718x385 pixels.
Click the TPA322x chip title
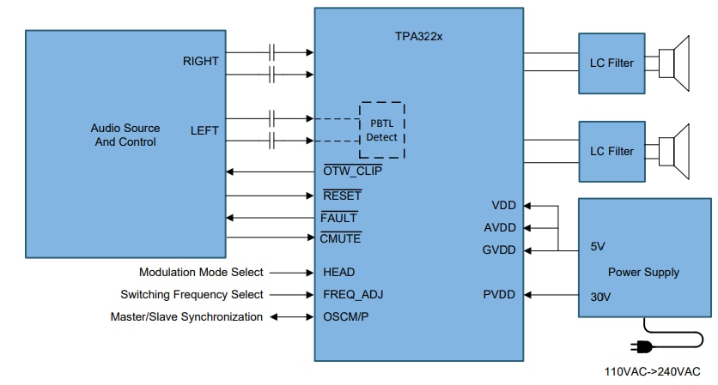pos(418,39)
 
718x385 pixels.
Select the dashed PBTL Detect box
pos(381,129)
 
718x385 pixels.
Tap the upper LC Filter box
pos(612,63)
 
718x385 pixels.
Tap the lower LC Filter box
pos(612,151)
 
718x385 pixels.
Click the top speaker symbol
pos(676,63)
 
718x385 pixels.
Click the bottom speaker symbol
pos(676,151)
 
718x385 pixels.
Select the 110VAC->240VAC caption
pos(653,371)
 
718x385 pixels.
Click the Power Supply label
pos(643,272)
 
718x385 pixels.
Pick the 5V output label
pos(598,247)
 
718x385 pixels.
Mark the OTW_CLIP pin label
pos(352,171)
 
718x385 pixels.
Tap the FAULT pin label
pos(338,218)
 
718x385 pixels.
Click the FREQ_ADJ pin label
pos(353,295)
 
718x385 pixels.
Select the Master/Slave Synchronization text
pos(186,317)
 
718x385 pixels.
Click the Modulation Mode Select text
pos(201,273)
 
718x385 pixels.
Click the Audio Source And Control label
pos(125,135)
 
